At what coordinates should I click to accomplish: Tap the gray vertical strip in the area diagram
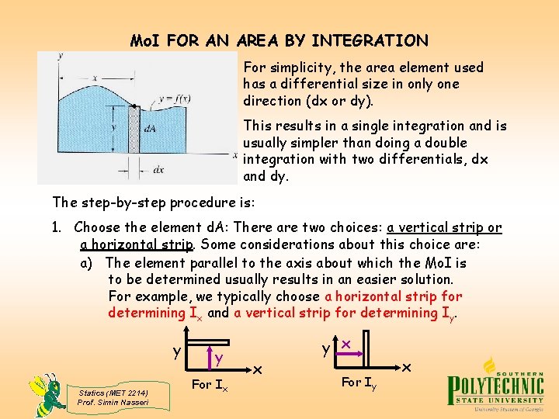(x=134, y=140)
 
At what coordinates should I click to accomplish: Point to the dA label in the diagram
(x=149, y=128)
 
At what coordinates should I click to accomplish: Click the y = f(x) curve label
(x=175, y=99)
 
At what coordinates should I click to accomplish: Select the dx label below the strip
(x=158, y=169)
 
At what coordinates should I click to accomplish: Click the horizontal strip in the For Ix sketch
(x=210, y=342)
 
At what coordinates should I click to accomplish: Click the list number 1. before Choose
(x=57, y=227)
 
